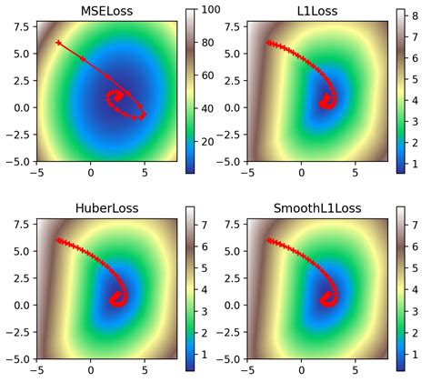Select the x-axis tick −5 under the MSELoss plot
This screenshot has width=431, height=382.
36,176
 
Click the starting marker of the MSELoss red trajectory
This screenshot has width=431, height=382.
58,43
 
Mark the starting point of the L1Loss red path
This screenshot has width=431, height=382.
269,43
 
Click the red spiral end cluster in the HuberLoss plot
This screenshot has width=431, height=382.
116,298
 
